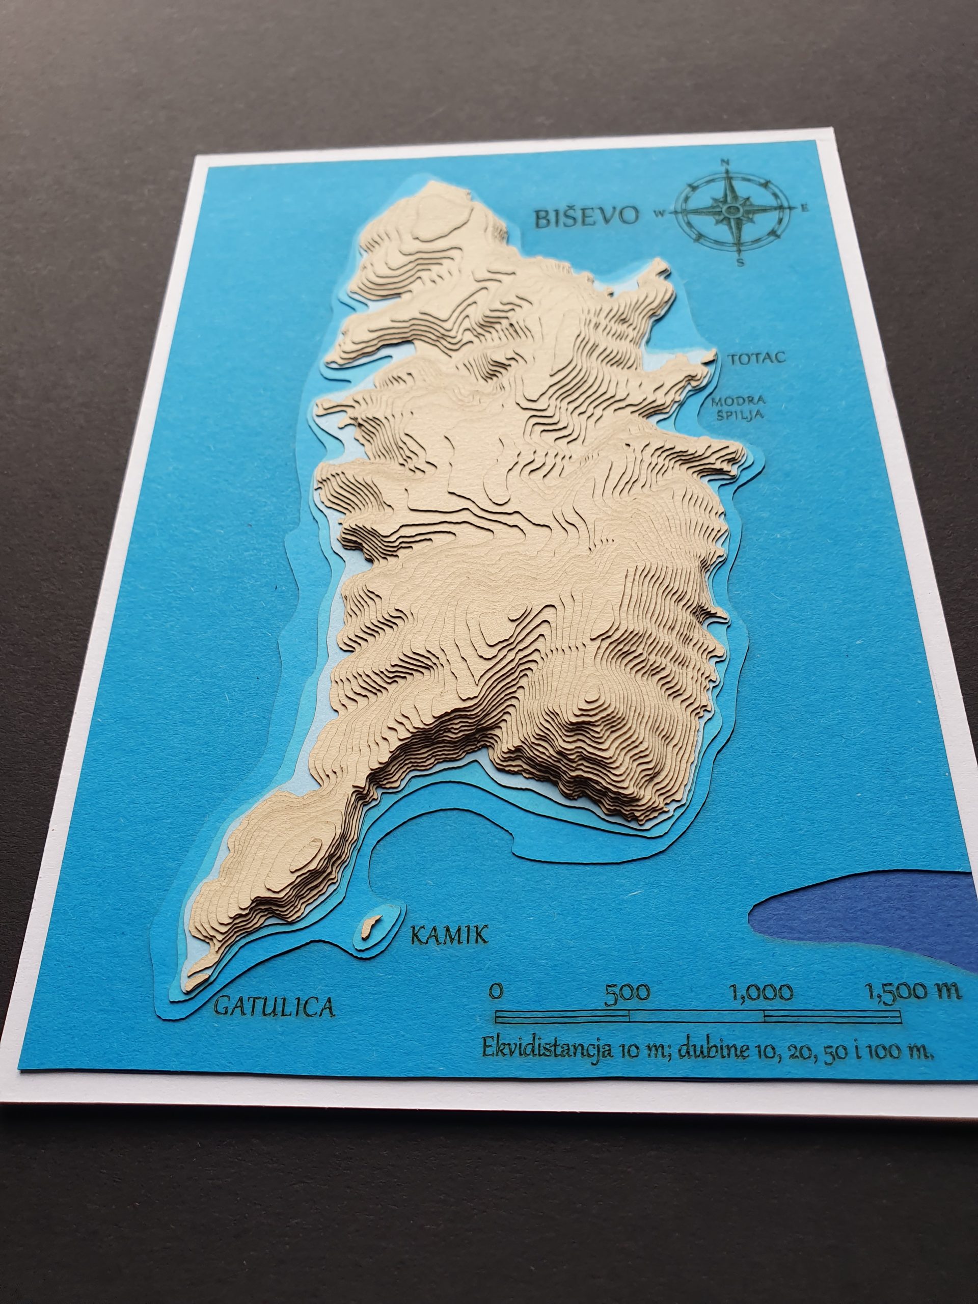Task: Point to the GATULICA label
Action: click(275, 1006)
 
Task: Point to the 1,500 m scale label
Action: click(914, 990)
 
